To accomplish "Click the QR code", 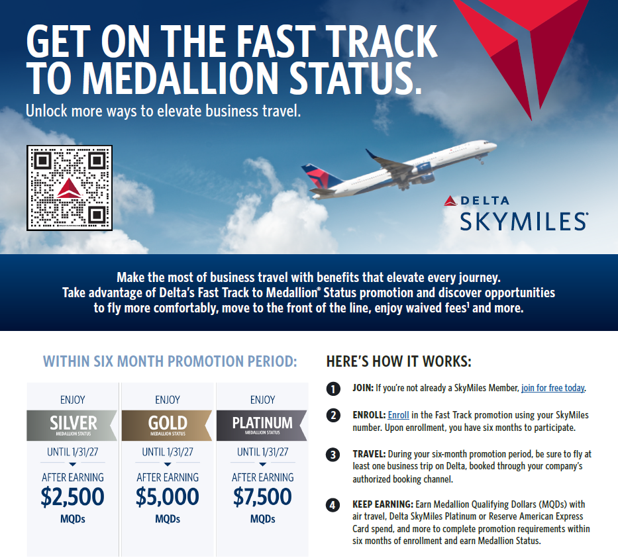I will click(x=70, y=188).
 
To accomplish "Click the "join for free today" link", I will click(x=553, y=388).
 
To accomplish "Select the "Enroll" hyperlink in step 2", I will click(x=398, y=415).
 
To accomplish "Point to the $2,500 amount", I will click(x=73, y=497).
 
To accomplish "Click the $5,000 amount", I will click(x=168, y=497).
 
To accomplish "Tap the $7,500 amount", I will click(x=262, y=497).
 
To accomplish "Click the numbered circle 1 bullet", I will click(x=334, y=389).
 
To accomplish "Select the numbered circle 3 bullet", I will click(x=334, y=455).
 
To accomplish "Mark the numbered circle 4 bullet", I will click(x=334, y=506).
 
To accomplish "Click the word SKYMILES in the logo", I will click(x=523, y=221).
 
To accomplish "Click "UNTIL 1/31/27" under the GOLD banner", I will click(x=168, y=452).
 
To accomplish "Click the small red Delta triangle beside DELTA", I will click(x=450, y=201).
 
